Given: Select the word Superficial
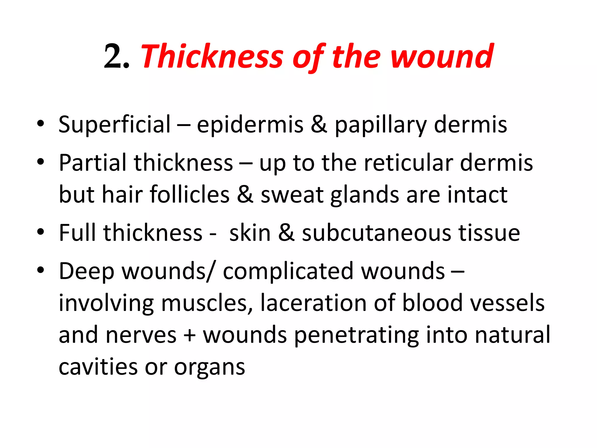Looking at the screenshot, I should (x=114, y=125).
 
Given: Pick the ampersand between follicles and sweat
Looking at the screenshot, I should (x=245, y=195).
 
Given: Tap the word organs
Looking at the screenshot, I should (x=210, y=367).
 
